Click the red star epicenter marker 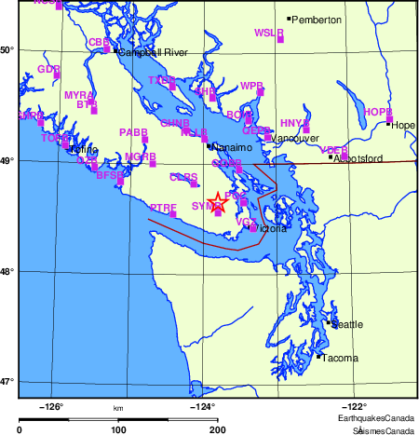click(x=217, y=201)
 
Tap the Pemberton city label click(x=317, y=20)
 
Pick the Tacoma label click(x=337, y=357)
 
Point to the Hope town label click(x=403, y=125)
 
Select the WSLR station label click(x=268, y=33)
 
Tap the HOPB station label click(x=377, y=112)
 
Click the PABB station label click(x=133, y=133)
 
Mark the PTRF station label click(x=163, y=207)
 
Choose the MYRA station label click(x=77, y=95)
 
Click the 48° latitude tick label click(x=7, y=271)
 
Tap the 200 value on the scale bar click(x=218, y=430)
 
